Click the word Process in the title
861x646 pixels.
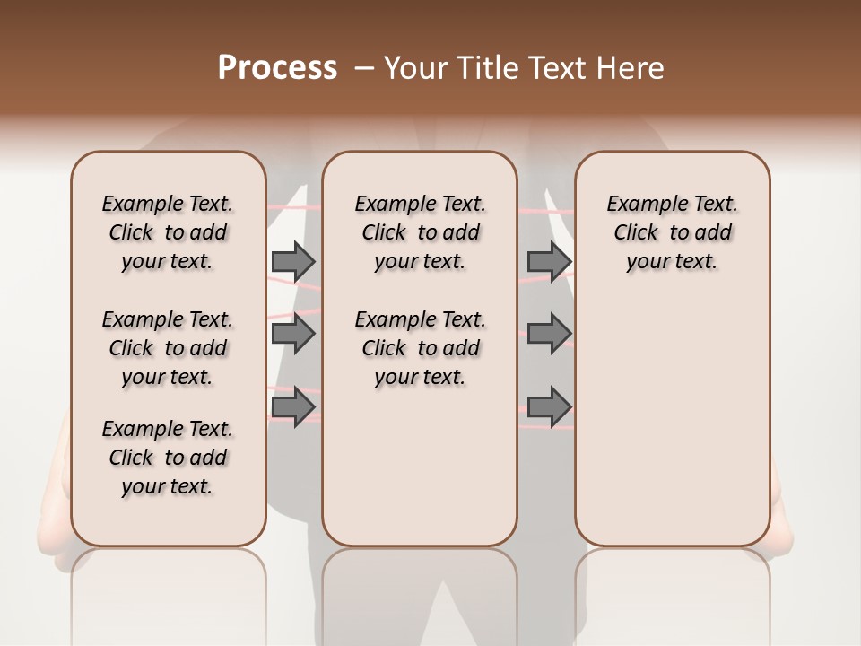point(277,68)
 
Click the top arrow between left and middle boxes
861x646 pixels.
point(293,261)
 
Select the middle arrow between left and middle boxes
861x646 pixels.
point(293,334)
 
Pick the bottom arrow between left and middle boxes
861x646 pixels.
point(293,406)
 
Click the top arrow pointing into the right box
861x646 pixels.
point(549,261)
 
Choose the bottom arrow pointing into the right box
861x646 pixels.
point(549,406)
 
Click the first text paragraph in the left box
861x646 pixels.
point(168,232)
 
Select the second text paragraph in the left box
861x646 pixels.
point(168,348)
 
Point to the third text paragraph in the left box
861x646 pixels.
point(168,458)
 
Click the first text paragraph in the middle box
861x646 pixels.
point(420,232)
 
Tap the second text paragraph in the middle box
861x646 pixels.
point(420,348)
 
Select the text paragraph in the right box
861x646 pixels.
point(673,232)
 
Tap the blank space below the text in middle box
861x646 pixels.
point(420,467)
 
